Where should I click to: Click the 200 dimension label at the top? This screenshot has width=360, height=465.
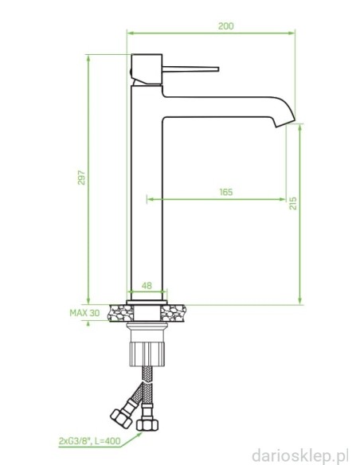[226, 26]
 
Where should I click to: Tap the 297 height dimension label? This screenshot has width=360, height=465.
[81, 178]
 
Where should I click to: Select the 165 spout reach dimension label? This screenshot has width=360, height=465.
[226, 192]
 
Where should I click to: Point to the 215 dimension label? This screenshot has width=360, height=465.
[293, 203]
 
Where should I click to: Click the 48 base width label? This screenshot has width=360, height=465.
[147, 286]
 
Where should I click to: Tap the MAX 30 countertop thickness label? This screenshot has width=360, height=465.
[84, 313]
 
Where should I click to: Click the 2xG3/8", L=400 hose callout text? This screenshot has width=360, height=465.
[90, 441]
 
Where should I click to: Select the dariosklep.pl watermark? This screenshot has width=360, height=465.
[300, 455]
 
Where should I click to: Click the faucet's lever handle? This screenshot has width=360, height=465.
[190, 69]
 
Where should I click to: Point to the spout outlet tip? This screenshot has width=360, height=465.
[285, 124]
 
